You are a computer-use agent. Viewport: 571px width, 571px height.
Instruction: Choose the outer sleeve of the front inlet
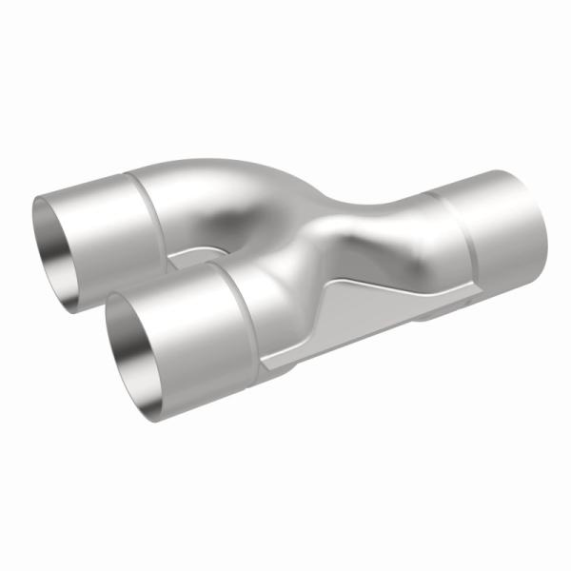[x=190, y=324]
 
